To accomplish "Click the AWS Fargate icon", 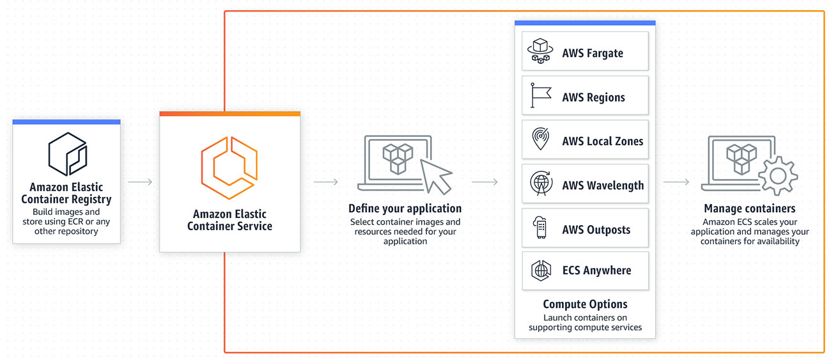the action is pyautogui.click(x=540, y=51).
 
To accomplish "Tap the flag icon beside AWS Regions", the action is pyautogui.click(x=541, y=95).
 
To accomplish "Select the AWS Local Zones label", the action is pyautogui.click(x=602, y=141).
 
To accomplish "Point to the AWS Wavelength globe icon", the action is pyautogui.click(x=541, y=184).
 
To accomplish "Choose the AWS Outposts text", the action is pyautogui.click(x=596, y=230).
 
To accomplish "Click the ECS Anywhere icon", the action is pyautogui.click(x=541, y=270).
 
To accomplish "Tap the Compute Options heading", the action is pyautogui.click(x=585, y=304).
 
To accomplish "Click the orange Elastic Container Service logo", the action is pyautogui.click(x=229, y=168).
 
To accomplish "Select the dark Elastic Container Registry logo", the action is pyautogui.click(x=68, y=153).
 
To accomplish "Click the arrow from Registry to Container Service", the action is pyautogui.click(x=140, y=182).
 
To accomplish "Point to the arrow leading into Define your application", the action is pyautogui.click(x=326, y=182).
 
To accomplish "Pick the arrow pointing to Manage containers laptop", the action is pyautogui.click(x=676, y=182).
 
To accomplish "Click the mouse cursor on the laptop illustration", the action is pyautogui.click(x=435, y=176).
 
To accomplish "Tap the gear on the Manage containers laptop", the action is pyautogui.click(x=777, y=176).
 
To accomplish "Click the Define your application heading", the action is pyautogui.click(x=405, y=208).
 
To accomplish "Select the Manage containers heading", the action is pyautogui.click(x=749, y=208).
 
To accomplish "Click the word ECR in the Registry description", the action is pyautogui.click(x=77, y=222).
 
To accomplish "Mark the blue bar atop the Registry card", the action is pyautogui.click(x=66, y=121).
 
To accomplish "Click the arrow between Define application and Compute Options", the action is pyautogui.click(x=485, y=182).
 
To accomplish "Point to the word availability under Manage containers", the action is pyautogui.click(x=777, y=241).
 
